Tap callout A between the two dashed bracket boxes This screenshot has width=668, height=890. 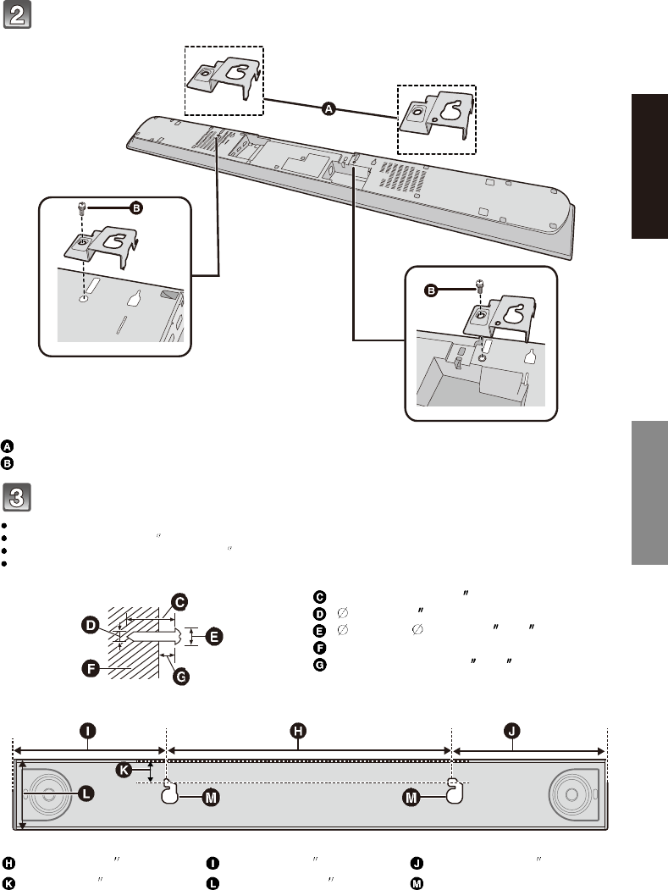(x=329, y=108)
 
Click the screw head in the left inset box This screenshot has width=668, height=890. (x=83, y=206)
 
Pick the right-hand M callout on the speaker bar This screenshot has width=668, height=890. (x=411, y=798)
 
